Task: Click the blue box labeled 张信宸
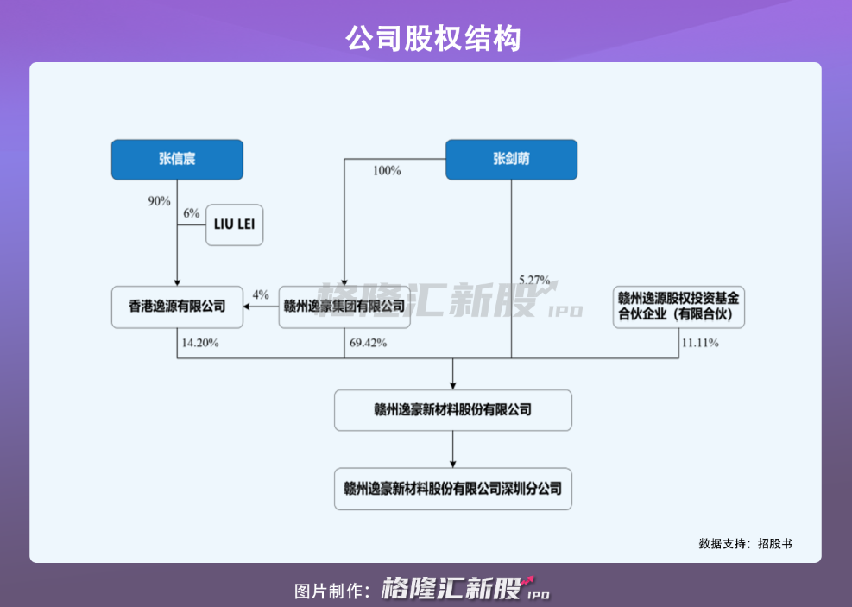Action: (177, 159)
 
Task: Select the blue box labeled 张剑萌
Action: (511, 159)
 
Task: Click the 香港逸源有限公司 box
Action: (177, 307)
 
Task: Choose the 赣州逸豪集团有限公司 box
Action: (344, 307)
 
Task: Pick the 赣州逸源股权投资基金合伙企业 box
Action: (678, 307)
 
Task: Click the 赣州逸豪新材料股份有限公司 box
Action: (452, 410)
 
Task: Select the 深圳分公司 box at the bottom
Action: (452, 489)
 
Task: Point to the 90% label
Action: (160, 201)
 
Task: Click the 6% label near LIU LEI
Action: (191, 213)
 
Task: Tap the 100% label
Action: (387, 171)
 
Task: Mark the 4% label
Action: (261, 295)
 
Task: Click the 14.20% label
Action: (200, 343)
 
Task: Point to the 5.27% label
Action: (534, 280)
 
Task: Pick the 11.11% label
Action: (700, 343)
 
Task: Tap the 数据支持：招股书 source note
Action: (745, 544)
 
